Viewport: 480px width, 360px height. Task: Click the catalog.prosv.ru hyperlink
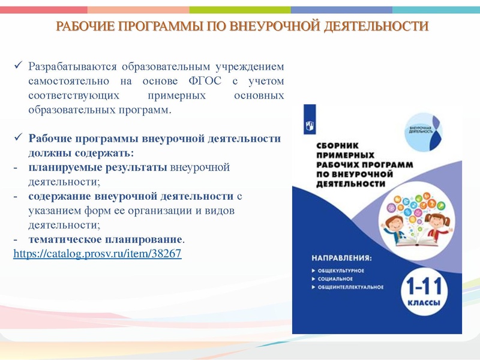pyautogui.click(x=97, y=254)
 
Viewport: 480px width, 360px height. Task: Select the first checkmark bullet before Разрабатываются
pyautogui.click(x=18, y=65)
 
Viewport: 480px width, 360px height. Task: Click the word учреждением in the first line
pyautogui.click(x=253, y=66)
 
